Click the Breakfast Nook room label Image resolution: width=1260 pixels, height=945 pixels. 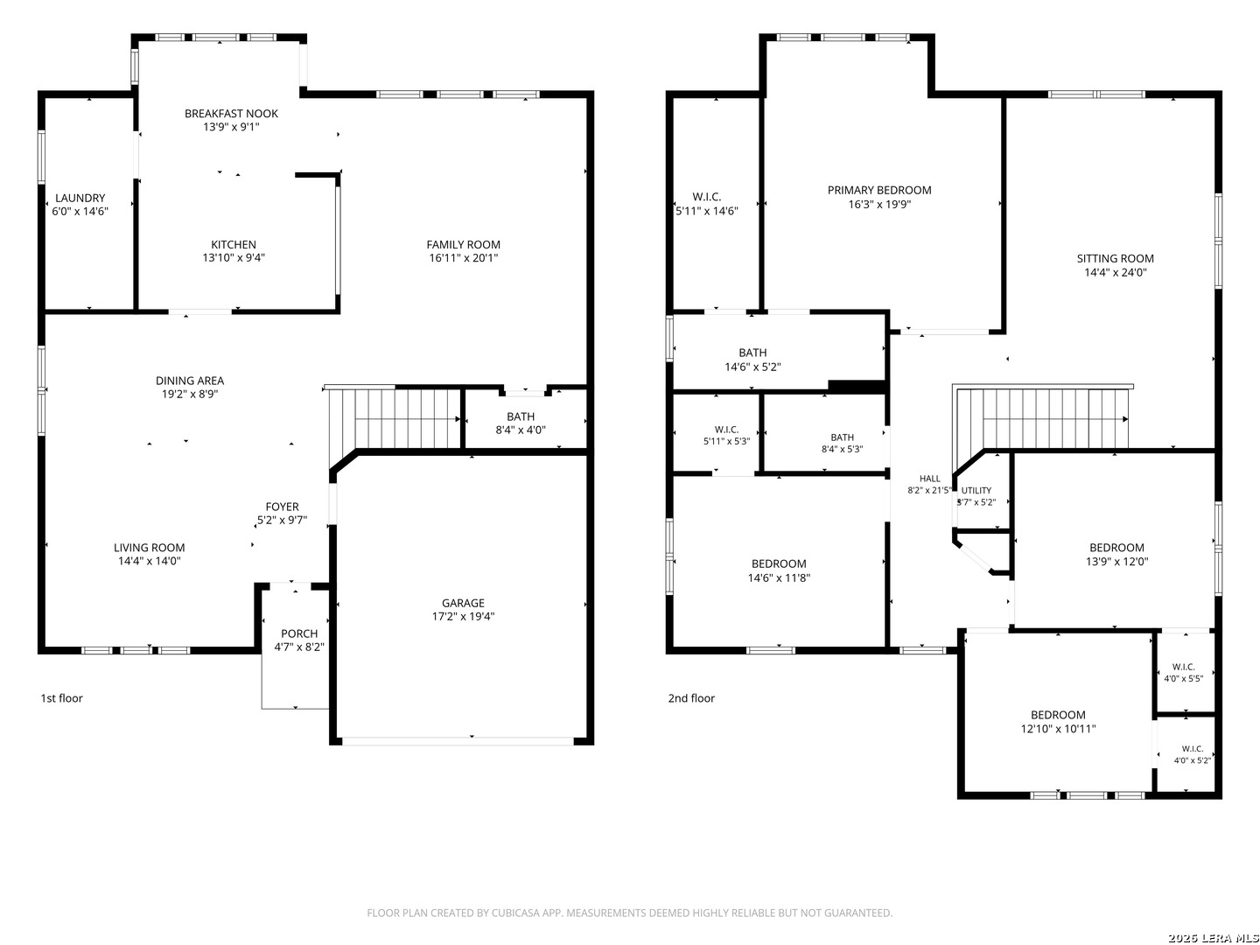pos(231,114)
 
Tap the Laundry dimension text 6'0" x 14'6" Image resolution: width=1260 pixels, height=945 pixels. pos(80,211)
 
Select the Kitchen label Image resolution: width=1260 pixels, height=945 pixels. pos(233,244)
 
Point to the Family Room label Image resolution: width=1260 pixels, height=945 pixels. pos(463,244)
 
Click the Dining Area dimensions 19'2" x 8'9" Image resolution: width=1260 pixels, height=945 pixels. pos(189,394)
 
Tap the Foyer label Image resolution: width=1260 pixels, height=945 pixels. pos(282,507)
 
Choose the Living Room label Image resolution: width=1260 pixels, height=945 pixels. pos(149,548)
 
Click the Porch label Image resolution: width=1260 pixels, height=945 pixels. pos(299,633)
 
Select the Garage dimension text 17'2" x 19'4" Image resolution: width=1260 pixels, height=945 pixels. pos(463,617)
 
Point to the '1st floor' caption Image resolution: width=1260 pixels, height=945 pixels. pos(61,698)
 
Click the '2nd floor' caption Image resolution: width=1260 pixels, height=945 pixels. pos(690,698)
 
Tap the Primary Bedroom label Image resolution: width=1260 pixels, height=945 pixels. pos(878,190)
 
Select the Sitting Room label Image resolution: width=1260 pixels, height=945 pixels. pos(1115,258)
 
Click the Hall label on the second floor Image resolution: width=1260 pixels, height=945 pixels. pos(929,479)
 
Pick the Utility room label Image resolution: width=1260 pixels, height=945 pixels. pos(976,491)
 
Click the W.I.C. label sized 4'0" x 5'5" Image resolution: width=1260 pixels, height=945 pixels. pos(1183,667)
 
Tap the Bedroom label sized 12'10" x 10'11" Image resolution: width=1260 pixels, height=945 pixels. pos(1057,715)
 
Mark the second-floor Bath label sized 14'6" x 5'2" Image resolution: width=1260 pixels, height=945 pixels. pos(752,353)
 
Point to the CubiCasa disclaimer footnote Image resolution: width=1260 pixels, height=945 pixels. pos(629,913)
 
